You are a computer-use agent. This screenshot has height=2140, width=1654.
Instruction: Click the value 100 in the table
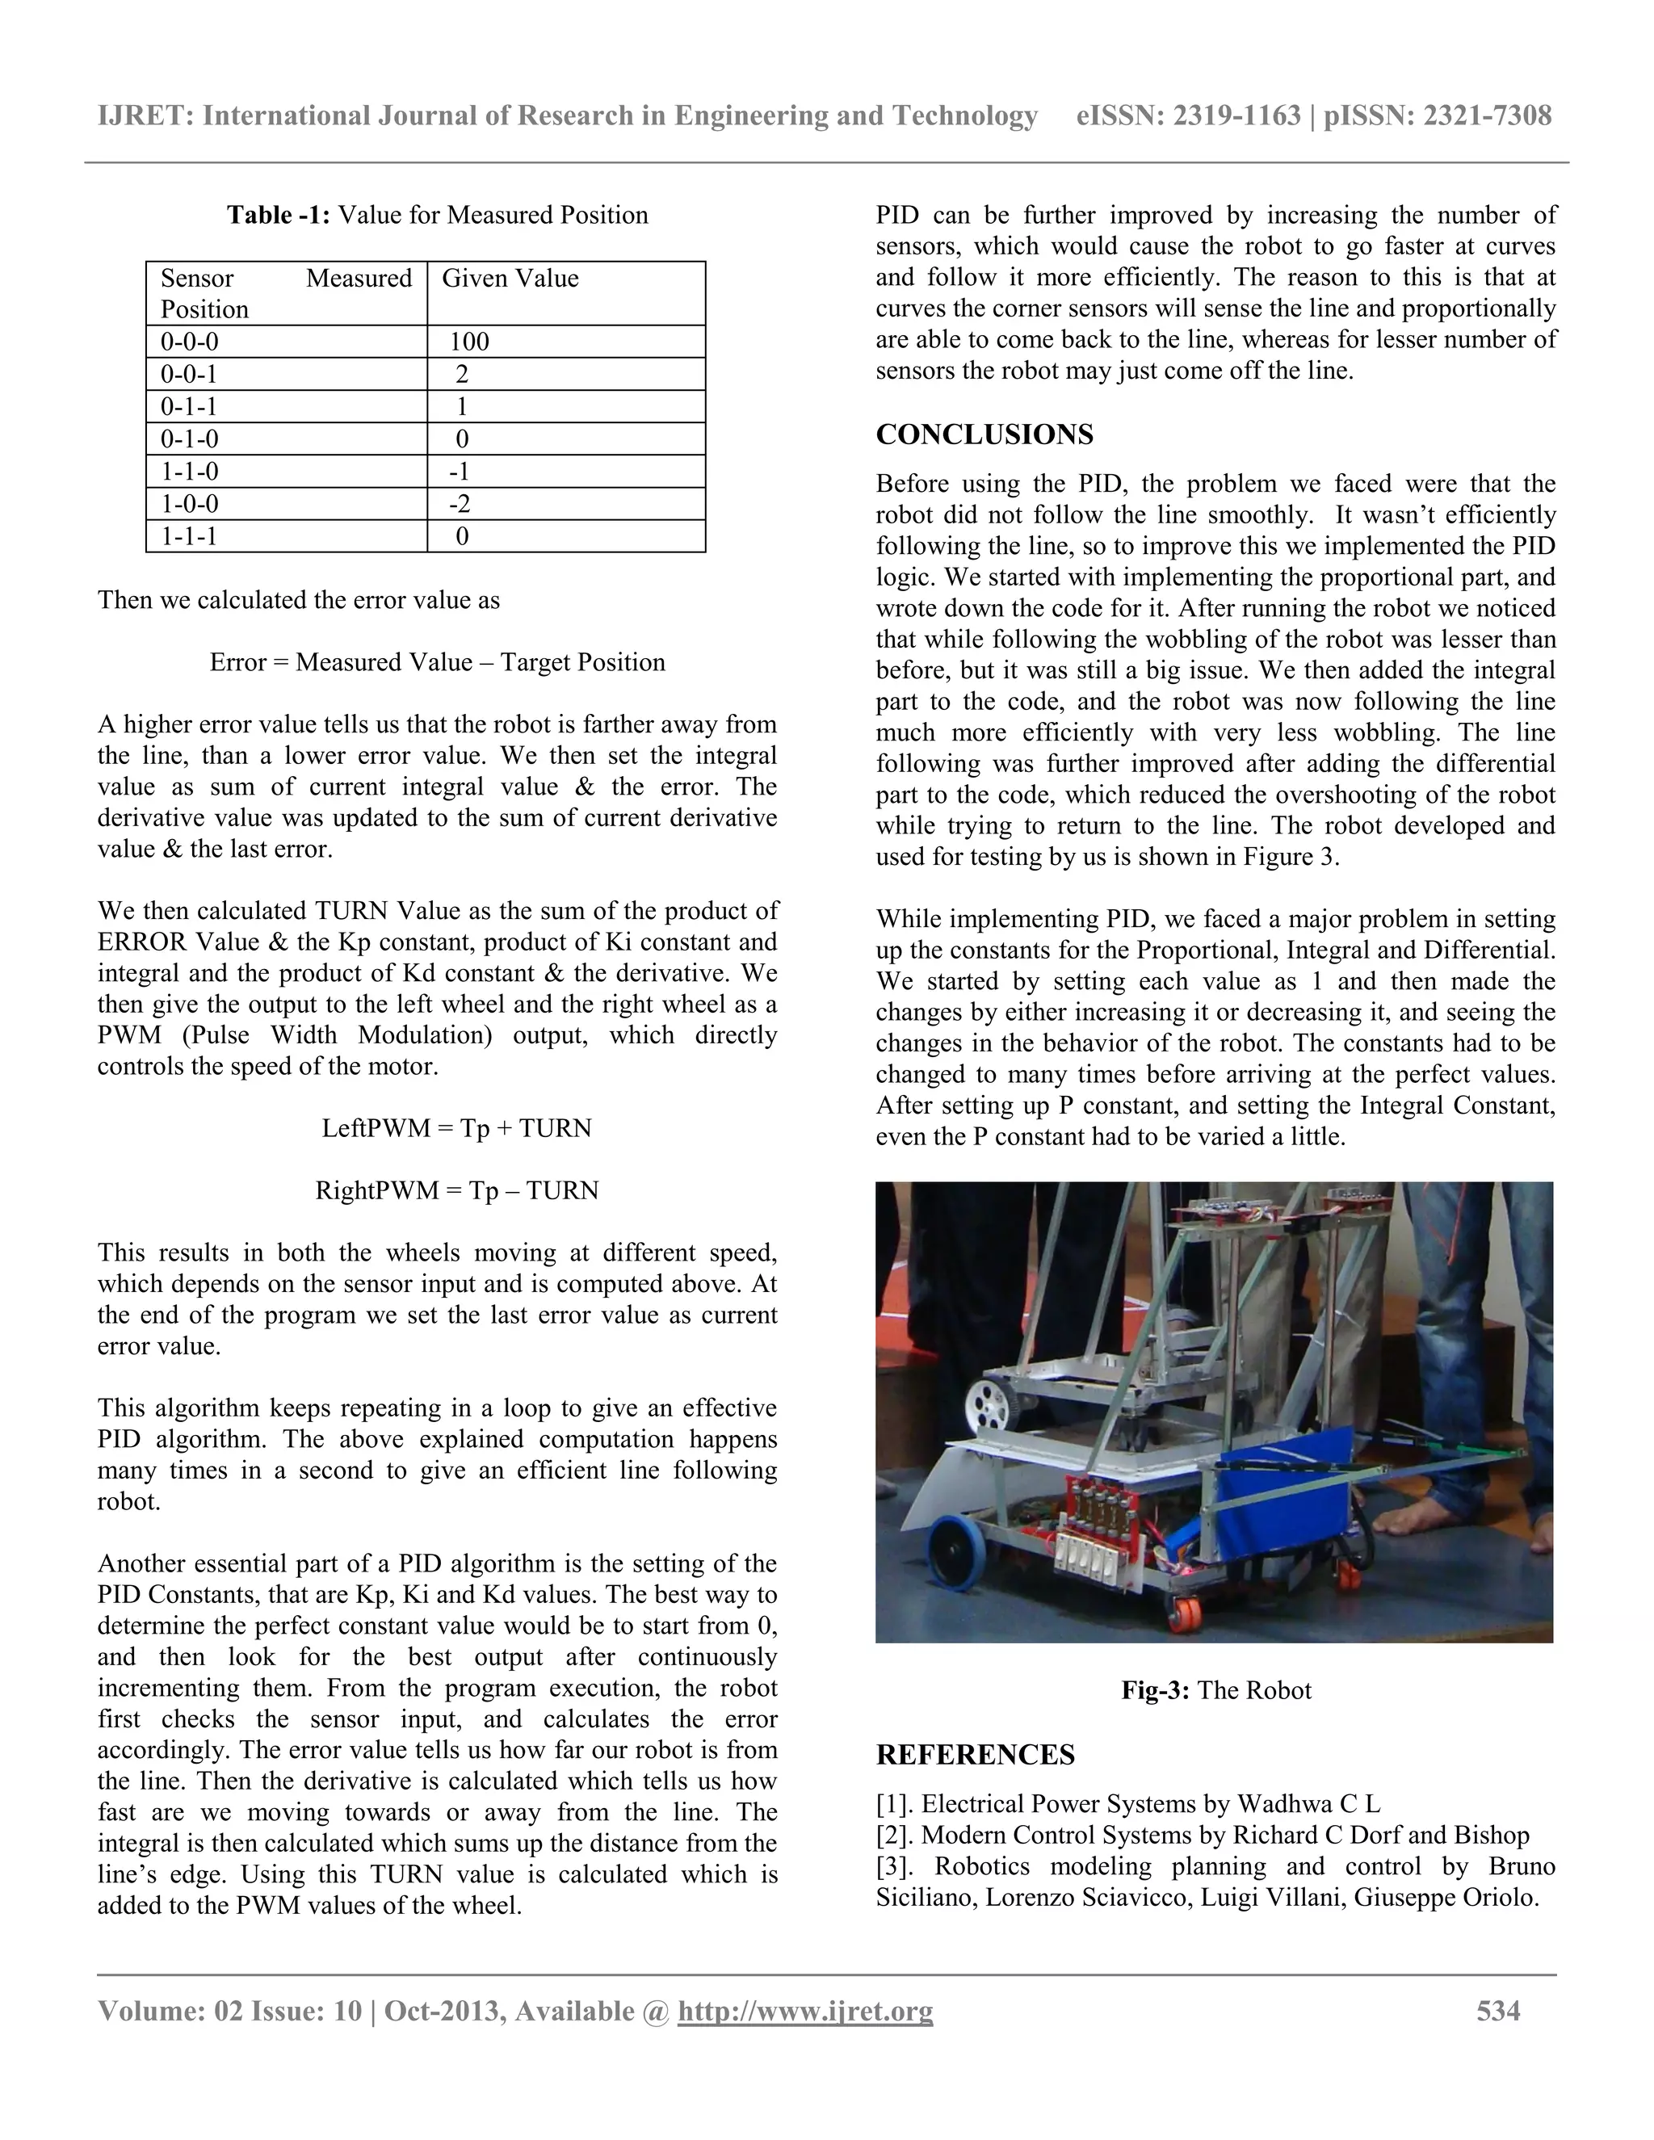469,342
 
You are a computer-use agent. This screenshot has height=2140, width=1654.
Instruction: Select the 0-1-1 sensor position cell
188,407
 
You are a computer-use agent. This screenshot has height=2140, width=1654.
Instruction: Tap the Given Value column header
510,279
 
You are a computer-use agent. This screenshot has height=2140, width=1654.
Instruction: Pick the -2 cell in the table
460,504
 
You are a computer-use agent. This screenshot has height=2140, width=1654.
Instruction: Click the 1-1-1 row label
188,536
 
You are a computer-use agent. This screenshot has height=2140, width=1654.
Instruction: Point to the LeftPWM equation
456,1128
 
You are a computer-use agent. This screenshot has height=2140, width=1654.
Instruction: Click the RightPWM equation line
456,1190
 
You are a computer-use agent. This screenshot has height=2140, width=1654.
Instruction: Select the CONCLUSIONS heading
984,434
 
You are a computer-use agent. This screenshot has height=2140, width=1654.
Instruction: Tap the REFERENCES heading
975,1755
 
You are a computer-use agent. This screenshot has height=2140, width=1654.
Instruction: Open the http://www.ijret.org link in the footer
804,2012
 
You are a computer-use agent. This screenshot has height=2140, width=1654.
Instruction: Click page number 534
1498,2012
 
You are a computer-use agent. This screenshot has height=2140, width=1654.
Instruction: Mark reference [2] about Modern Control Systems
1203,1836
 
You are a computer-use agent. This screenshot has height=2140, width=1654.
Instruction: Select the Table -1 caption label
279,215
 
